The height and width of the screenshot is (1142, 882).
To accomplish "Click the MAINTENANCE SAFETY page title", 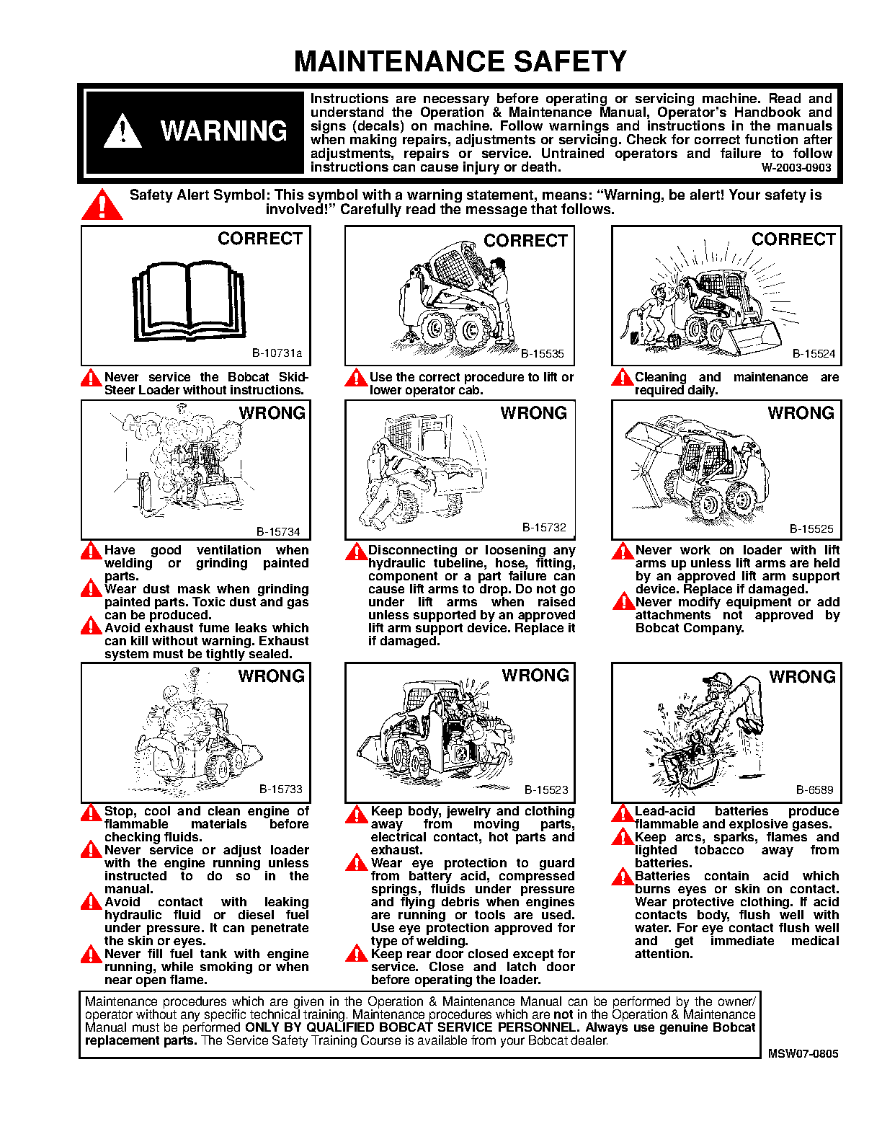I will [460, 62].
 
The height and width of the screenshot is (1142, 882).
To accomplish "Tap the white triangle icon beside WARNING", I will [122, 131].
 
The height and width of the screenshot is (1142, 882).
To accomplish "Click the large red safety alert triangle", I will [102, 205].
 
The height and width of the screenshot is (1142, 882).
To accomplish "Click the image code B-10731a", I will [277, 354].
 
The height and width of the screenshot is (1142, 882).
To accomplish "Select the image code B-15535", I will [542, 354].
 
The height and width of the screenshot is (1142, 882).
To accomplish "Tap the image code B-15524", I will [814, 354].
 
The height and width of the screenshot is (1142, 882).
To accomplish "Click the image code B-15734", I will [278, 532].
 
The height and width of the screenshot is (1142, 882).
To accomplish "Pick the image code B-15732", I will [544, 528].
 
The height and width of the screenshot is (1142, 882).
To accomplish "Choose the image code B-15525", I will [811, 529].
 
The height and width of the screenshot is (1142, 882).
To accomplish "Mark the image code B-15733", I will [280, 789].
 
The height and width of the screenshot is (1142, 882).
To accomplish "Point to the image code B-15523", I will [545, 790].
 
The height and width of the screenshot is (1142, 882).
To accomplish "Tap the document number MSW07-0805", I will [803, 1053].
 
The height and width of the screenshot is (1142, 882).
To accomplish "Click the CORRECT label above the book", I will [260, 239].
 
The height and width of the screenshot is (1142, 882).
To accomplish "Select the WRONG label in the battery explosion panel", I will [802, 677].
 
